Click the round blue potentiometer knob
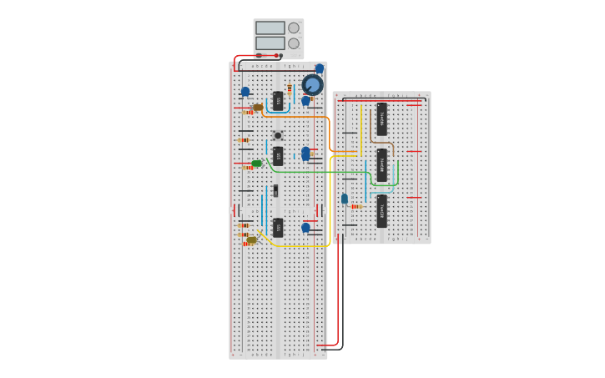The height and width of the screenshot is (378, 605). (x=312, y=84)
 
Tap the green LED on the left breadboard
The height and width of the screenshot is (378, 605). (x=257, y=164)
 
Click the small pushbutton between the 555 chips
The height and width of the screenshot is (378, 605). (x=278, y=135)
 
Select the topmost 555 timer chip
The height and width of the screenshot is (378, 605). (x=278, y=101)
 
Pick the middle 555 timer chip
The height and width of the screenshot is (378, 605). (x=278, y=156)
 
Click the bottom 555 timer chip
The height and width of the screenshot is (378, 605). (x=278, y=227)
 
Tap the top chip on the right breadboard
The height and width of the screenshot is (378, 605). (x=381, y=119)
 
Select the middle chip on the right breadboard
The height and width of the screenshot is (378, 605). (x=381, y=165)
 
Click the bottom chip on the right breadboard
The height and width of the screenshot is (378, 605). (x=381, y=211)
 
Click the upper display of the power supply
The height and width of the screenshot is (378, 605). (x=270, y=28)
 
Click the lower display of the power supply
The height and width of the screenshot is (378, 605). (x=270, y=43)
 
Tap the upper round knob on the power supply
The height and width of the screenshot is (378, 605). (x=294, y=28)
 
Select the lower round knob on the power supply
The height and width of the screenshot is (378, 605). (x=294, y=43)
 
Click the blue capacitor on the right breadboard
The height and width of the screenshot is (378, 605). (x=345, y=199)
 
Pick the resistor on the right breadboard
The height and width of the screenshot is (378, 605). (x=355, y=206)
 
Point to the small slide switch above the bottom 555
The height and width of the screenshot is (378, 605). (x=275, y=191)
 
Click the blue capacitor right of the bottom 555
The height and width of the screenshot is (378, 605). (x=305, y=227)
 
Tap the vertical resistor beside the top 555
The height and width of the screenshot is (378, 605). (x=290, y=89)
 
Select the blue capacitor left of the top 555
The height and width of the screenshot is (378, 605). (x=245, y=92)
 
